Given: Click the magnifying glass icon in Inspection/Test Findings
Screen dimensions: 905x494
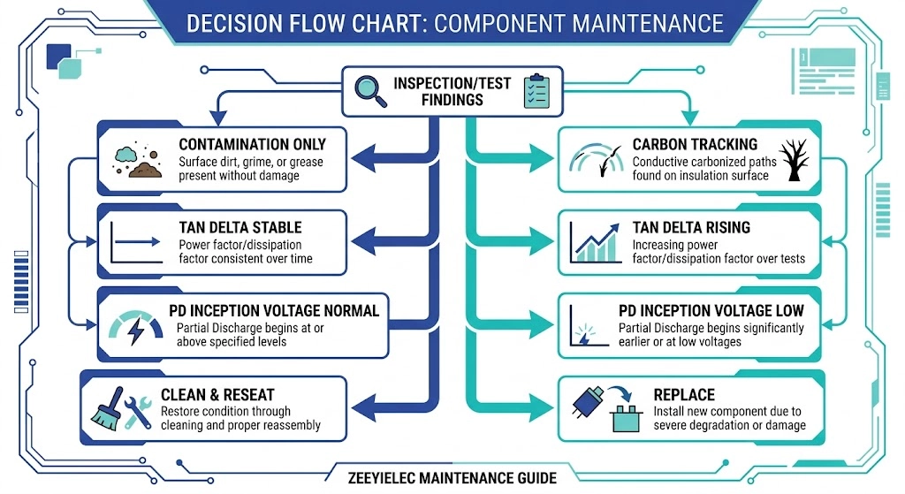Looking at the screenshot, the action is click(370, 91).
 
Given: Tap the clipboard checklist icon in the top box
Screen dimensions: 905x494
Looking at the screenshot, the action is click(536, 91).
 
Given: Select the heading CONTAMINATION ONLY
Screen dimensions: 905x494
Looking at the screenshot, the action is click(252, 144).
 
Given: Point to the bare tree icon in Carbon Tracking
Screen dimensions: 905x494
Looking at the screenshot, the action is click(795, 160).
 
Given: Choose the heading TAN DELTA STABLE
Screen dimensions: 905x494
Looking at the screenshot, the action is click(240, 227).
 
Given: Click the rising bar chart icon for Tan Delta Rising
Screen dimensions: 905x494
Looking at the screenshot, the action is click(595, 242).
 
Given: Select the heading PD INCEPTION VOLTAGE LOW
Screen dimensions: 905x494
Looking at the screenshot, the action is click(711, 310).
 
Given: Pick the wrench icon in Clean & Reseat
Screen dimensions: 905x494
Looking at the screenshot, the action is click(137, 412).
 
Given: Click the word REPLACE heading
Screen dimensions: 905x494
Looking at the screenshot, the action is click(684, 395).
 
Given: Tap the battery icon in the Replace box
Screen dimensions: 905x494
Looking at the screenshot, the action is click(627, 418).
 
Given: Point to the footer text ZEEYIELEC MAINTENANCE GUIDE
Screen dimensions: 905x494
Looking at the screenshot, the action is click(452, 478).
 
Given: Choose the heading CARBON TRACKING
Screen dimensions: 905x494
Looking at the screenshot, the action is click(695, 144).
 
